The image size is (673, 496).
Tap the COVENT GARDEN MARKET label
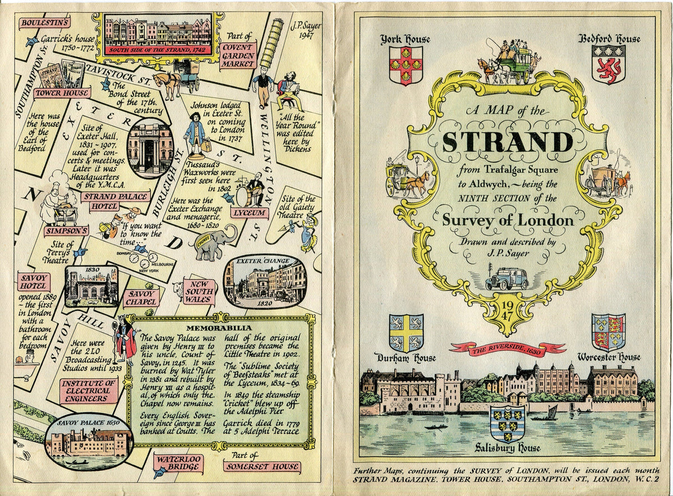pyautogui.click(x=238, y=55)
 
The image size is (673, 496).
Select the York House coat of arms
pyautogui.click(x=405, y=65)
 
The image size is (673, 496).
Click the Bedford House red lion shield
pyautogui.click(x=608, y=65)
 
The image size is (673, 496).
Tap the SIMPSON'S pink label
pyautogui.click(x=67, y=231)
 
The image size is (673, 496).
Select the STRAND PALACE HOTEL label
pyautogui.click(x=115, y=201)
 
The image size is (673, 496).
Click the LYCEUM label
pyautogui.click(x=247, y=213)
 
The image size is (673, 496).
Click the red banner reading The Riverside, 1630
pyautogui.click(x=507, y=348)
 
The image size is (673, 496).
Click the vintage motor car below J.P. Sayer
pyautogui.click(x=508, y=278)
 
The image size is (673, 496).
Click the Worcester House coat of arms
pyautogui.click(x=608, y=333)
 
